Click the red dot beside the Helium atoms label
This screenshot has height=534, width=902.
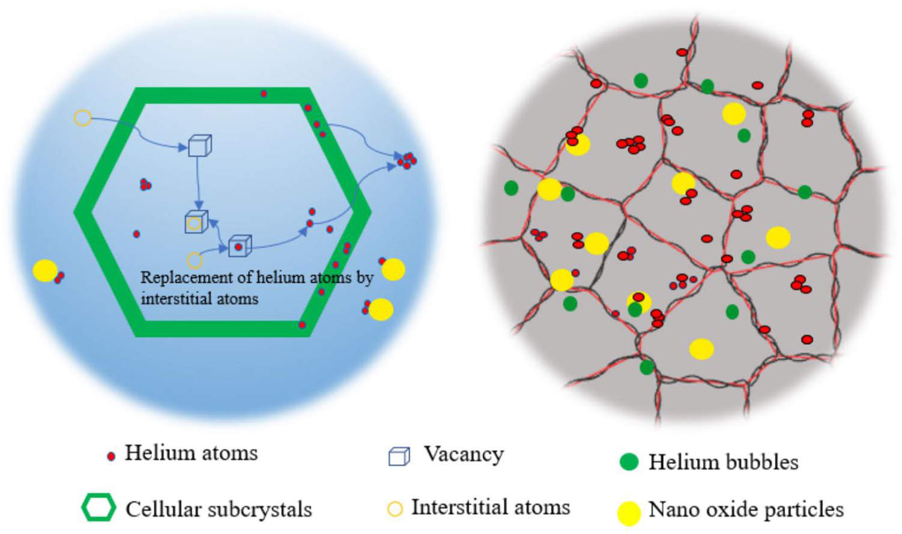click(x=110, y=457)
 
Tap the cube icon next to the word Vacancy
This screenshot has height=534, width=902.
click(x=399, y=457)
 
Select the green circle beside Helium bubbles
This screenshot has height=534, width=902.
click(x=629, y=461)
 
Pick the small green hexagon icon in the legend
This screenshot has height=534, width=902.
click(x=98, y=508)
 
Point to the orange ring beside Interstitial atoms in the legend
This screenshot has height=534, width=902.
click(x=395, y=509)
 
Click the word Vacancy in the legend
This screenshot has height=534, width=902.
click(x=464, y=454)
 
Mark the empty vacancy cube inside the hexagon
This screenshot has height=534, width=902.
click(x=199, y=145)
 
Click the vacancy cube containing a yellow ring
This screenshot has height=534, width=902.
click(x=196, y=222)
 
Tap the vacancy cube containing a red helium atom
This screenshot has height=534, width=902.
click(x=240, y=246)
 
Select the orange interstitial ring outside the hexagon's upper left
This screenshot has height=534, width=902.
click(x=83, y=118)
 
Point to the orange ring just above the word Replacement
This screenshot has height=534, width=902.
click(x=195, y=260)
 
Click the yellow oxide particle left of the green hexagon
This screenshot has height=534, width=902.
click(x=45, y=271)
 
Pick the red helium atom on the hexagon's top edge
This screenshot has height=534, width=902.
click(x=264, y=94)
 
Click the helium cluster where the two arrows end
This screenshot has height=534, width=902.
click(x=407, y=160)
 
